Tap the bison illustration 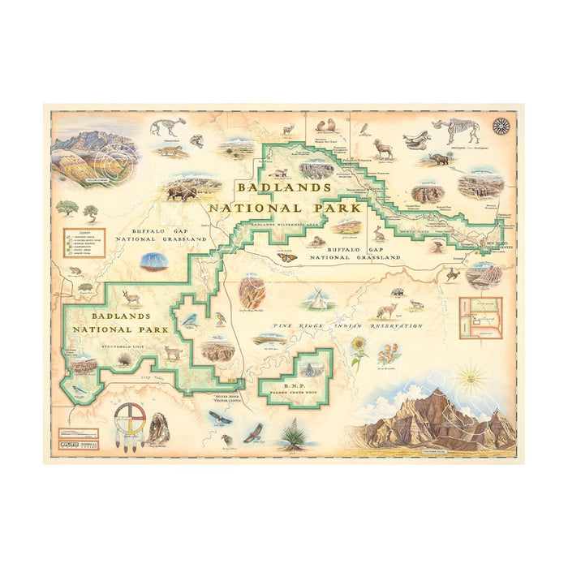(x=182, y=193)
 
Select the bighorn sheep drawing (x=383, y=148)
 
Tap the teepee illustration (x=321, y=299)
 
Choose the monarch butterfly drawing (x=286, y=258)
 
